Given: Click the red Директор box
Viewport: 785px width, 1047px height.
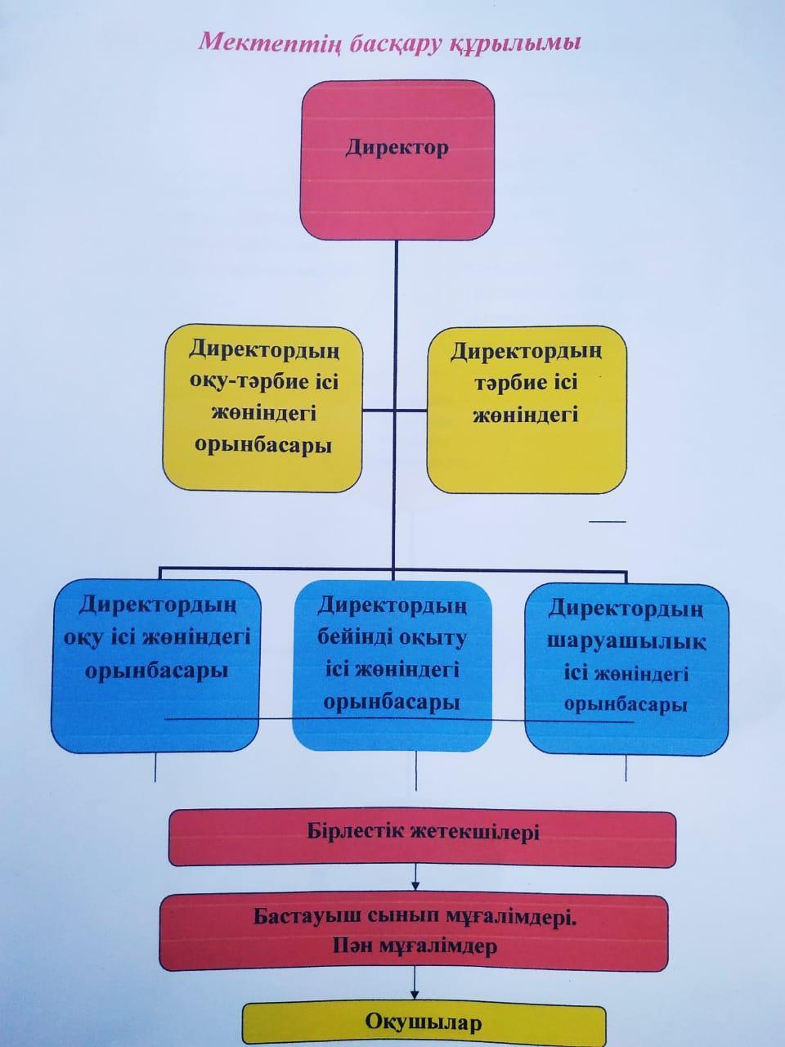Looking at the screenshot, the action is point(397,160).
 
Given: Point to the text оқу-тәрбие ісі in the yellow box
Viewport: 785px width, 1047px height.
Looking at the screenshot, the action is point(263,382).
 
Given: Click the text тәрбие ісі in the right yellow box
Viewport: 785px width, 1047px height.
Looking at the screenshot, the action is point(526,383).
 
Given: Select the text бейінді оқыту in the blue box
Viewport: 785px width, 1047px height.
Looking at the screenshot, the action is point(392,639).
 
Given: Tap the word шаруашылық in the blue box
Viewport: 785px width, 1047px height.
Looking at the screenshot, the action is point(626,642).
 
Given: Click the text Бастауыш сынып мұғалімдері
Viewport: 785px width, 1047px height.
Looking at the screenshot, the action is point(415,918).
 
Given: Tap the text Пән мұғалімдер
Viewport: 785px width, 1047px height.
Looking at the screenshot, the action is point(415,946).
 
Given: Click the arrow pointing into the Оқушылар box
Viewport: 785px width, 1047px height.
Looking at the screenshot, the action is point(415,985).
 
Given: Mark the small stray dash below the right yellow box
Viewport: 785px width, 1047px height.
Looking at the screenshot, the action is point(608,521).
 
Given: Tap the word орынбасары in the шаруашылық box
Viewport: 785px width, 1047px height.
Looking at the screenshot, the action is point(626,705).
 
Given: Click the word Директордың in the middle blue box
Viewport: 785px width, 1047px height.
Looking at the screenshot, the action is point(392,606).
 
